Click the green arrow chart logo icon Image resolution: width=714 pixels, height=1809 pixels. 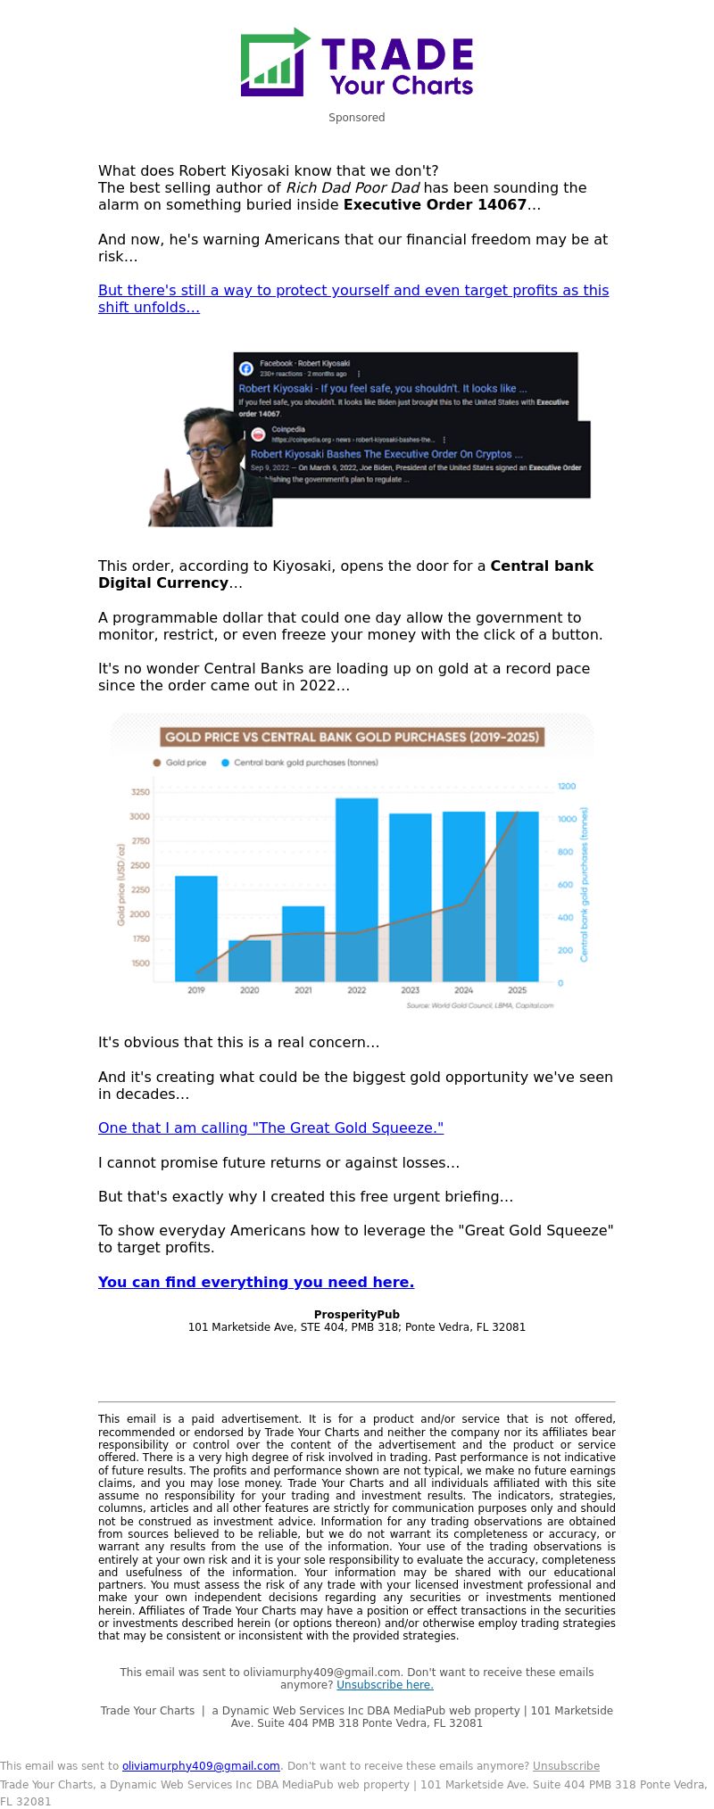(274, 62)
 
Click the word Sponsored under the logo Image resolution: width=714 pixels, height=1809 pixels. (356, 118)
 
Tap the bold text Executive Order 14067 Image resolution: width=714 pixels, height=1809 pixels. (435, 205)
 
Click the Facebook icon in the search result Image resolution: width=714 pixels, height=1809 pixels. (246, 368)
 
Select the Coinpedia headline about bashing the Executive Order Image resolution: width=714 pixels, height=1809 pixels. (381, 454)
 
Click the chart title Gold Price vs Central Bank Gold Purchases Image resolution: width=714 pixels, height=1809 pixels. (353, 737)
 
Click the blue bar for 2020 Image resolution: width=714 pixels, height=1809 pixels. (249, 961)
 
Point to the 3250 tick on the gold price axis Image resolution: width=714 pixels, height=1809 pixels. (140, 792)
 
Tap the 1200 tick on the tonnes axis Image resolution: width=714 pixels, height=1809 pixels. (567, 786)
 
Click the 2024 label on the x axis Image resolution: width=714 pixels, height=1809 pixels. (463, 990)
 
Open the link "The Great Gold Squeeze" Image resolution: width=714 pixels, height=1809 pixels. (270, 1128)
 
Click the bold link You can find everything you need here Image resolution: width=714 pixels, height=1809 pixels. (256, 1283)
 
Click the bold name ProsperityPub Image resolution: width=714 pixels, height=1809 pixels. (356, 1315)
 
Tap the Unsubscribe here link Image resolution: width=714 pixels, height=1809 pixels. (385, 1685)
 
